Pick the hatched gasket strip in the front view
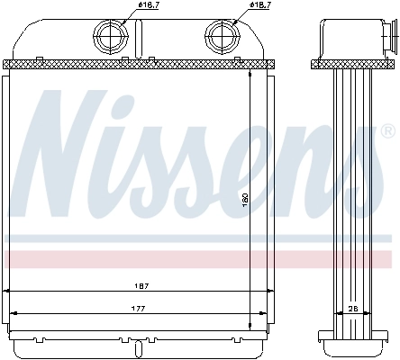click(135, 64)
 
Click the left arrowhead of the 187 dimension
click(8, 292)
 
